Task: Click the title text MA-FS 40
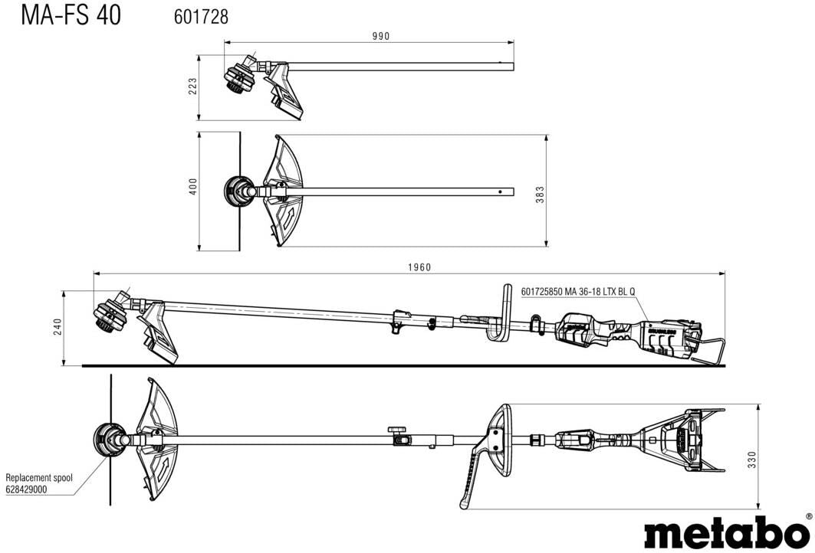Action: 71,15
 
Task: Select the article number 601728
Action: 196,16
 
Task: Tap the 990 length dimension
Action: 381,36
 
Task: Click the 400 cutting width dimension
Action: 193,186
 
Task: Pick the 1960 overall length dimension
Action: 419,267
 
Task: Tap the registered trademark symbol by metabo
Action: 809,516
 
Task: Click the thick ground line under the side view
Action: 399,365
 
